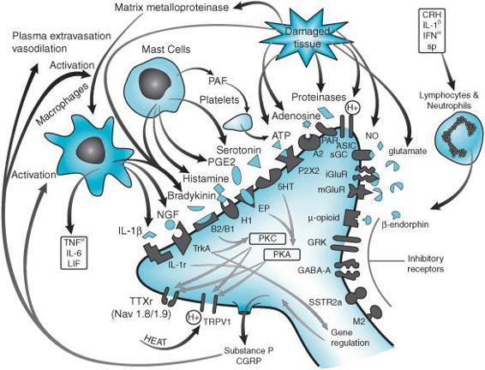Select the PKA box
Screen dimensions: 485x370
[x=282, y=254]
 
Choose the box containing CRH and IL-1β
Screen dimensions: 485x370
[x=432, y=31]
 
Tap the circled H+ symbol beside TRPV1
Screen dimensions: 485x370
[x=194, y=318]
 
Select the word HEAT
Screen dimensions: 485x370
[x=156, y=340]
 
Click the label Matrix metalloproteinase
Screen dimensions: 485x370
[x=171, y=7]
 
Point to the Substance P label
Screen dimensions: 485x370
[x=249, y=350]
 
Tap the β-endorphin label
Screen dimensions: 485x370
[x=405, y=224]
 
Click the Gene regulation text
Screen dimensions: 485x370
[x=350, y=337]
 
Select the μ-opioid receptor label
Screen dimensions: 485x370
[x=324, y=218]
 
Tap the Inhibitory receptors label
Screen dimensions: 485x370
[x=425, y=263]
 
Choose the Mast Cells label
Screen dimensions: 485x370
[x=165, y=49]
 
